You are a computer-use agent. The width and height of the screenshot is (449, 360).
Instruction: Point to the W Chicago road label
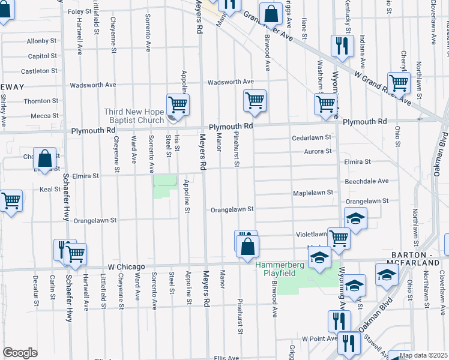click(127, 266)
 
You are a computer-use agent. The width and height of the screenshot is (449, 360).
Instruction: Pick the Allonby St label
click(41, 41)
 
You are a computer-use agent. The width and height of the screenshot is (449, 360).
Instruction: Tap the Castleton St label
click(42, 71)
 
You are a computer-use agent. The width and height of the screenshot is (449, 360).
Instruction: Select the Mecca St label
click(44, 116)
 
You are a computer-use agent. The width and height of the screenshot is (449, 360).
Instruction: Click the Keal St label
click(50, 189)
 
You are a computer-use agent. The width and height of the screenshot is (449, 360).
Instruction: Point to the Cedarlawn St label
click(312, 137)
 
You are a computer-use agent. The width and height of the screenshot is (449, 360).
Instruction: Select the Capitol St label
click(42, 56)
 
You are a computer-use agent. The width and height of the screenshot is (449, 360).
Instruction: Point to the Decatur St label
click(35, 291)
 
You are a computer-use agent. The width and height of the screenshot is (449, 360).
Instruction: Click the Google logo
click(20, 353)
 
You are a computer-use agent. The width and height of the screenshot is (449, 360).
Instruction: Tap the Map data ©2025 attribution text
click(423, 355)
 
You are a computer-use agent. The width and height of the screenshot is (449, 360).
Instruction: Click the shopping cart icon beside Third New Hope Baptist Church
click(178, 105)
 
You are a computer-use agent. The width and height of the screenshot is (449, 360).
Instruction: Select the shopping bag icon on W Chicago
click(247, 245)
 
